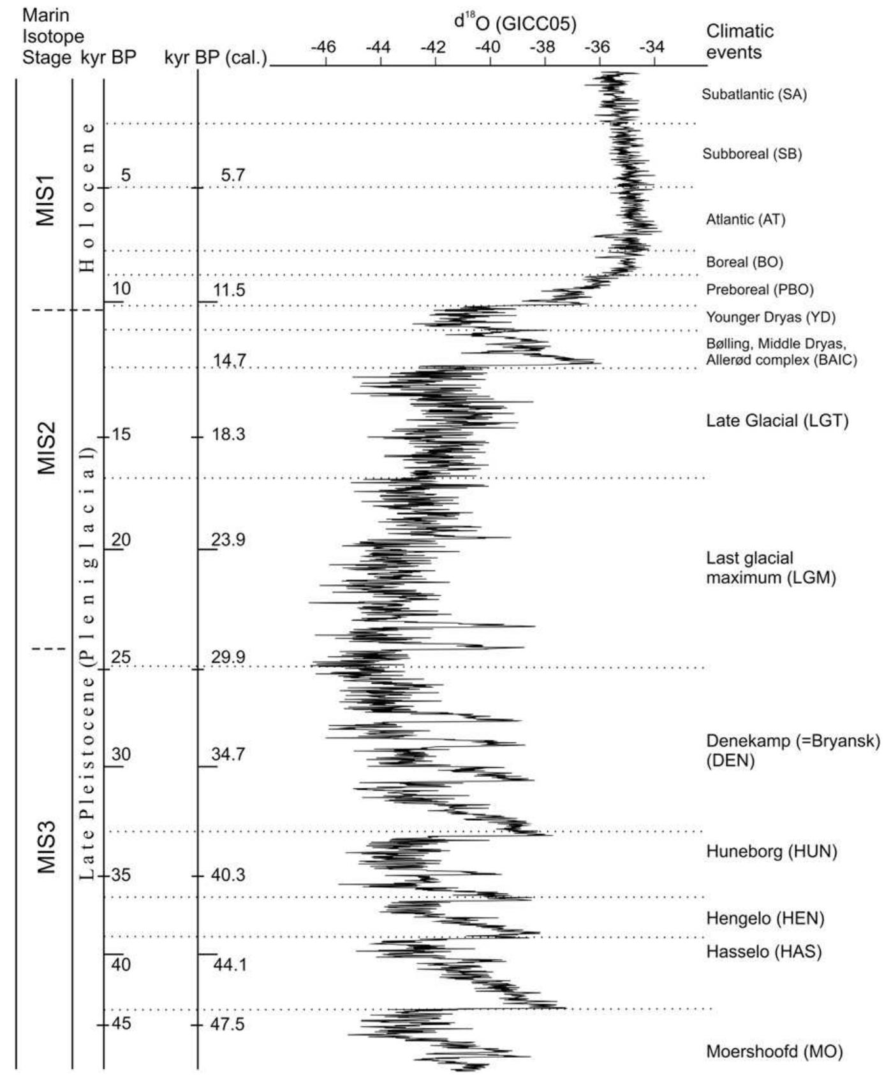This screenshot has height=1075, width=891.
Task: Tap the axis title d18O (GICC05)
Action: coord(515,23)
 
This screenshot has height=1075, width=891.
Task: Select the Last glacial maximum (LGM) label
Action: coord(770,568)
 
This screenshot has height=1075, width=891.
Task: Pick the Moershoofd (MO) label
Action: coord(774,1051)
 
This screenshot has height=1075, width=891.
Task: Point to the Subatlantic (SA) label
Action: coord(755,94)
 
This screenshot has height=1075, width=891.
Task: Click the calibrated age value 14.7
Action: coord(230,361)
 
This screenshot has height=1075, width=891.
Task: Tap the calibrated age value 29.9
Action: coord(228,657)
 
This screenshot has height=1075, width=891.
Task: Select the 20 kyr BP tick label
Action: coord(121,540)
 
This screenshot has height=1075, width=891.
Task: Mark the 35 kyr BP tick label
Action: coord(121,875)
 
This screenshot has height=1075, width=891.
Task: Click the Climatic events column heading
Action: coord(740,41)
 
